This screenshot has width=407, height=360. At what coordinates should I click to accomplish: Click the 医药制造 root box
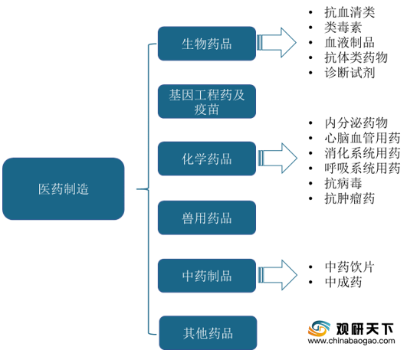pos(64,189)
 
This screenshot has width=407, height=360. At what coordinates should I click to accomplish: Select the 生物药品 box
pos(207,44)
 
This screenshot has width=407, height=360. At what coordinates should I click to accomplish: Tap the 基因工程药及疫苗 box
pos(207,101)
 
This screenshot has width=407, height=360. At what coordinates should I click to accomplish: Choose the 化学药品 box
pos(207,159)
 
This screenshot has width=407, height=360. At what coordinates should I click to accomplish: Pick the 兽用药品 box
pos(207,218)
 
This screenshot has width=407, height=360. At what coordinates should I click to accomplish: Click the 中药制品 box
pos(207,276)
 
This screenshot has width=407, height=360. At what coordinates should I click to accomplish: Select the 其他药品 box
pos(208,332)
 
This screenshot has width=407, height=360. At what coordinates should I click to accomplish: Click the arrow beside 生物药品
pos(277,43)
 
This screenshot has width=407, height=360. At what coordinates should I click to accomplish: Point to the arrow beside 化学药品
pos(277,159)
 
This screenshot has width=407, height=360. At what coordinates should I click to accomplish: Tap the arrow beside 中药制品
pos(277,275)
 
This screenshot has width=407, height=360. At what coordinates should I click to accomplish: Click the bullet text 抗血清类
pos(350,12)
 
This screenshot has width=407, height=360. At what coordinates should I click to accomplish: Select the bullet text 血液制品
pos(350,42)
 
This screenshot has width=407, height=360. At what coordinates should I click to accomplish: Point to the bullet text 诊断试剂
pos(350,72)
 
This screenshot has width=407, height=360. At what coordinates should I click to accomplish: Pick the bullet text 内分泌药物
pos(356,123)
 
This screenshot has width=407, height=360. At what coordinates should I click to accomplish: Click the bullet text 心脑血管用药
pos(363,138)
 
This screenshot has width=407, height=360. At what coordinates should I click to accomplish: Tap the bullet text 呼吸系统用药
pos(363,168)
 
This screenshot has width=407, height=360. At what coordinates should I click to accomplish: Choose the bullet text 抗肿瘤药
pos(350,198)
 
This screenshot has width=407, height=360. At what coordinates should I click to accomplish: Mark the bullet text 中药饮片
pos(350,267)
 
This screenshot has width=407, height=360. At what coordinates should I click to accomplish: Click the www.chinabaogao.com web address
pos(352,341)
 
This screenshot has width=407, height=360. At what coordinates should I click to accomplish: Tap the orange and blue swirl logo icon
pos(319,329)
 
